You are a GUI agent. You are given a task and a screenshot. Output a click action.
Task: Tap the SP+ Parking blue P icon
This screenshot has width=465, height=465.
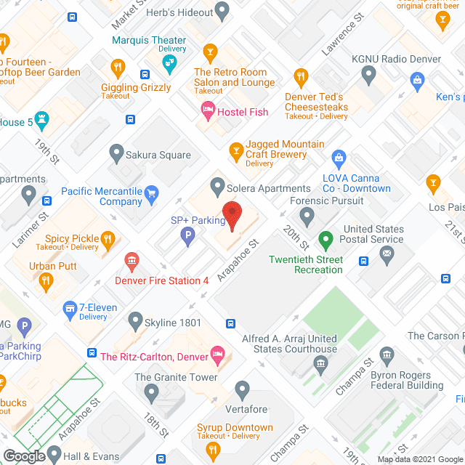pos(187,235)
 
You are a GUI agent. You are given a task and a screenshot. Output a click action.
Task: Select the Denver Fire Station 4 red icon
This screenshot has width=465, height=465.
pos(132,260)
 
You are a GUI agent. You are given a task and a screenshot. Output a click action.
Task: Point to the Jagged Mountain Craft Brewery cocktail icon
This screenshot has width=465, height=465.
pos(235,150)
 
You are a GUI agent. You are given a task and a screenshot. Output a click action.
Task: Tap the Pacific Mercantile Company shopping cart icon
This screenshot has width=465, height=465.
pos(151,193)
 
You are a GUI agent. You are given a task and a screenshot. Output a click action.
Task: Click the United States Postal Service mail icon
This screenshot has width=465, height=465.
pos(387,253)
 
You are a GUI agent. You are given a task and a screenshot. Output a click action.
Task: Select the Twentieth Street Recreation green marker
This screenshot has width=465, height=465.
pos(326,238)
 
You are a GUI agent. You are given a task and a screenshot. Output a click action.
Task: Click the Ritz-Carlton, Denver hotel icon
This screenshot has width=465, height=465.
pos(216,355)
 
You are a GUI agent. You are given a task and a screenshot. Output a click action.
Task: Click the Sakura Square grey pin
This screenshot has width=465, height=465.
pos(116,153)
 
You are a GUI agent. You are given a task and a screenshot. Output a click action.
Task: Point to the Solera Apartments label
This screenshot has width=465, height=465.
pos(269,188)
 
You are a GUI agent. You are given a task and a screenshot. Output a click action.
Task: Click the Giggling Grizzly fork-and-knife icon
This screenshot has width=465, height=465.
pos(117,68)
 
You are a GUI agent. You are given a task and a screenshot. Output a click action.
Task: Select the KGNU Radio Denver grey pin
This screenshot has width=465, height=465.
pos(369,73)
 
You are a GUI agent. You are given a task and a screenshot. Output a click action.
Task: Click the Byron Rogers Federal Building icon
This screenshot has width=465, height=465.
pos(387,356)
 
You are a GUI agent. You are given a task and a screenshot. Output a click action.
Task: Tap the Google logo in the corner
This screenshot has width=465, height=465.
pos(24,456)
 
